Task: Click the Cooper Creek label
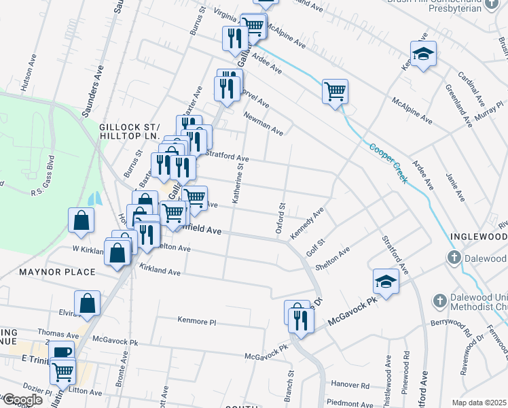click(x=387, y=163)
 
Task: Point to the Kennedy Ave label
click(x=307, y=224)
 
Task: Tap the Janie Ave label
click(x=454, y=187)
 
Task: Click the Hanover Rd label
click(x=350, y=385)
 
